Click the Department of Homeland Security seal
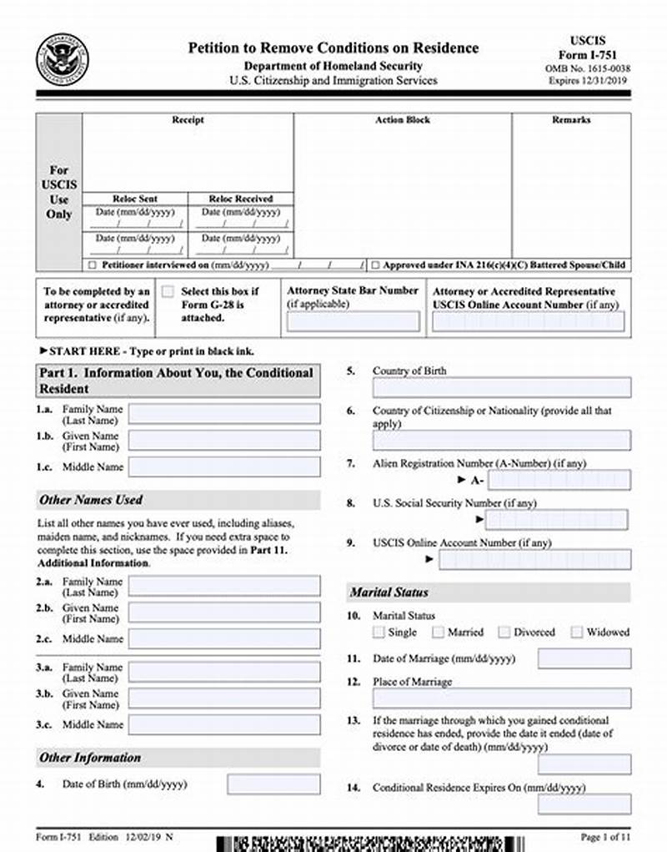tap(62, 58)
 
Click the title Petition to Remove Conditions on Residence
tap(333, 48)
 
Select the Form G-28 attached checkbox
tap(168, 292)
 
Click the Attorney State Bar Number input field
tap(354, 321)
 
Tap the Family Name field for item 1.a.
tap(223, 414)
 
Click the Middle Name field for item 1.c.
tap(223, 467)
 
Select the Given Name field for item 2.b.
tap(223, 613)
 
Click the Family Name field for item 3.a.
tap(223, 672)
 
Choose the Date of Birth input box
tap(273, 784)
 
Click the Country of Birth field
tap(501, 387)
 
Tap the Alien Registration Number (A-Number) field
tap(559, 480)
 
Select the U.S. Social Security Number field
tap(558, 520)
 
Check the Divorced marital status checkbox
tap(504, 633)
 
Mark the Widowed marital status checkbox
tap(577, 633)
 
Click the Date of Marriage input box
tap(584, 658)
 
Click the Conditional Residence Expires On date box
tap(584, 804)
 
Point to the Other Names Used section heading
tap(91, 500)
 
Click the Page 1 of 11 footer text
tap(604, 836)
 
